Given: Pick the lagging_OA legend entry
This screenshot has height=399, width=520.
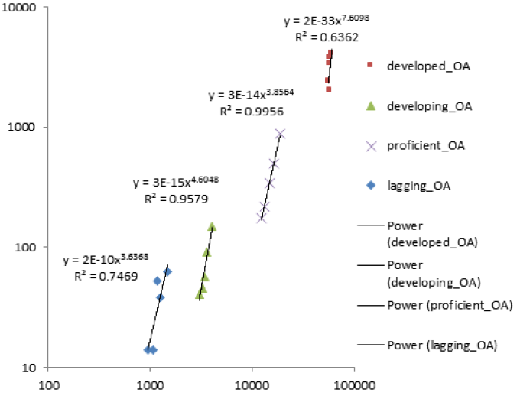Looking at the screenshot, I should point(418,186).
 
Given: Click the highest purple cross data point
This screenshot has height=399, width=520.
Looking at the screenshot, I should point(280,134).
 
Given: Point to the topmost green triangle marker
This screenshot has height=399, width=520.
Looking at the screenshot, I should point(212,226).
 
